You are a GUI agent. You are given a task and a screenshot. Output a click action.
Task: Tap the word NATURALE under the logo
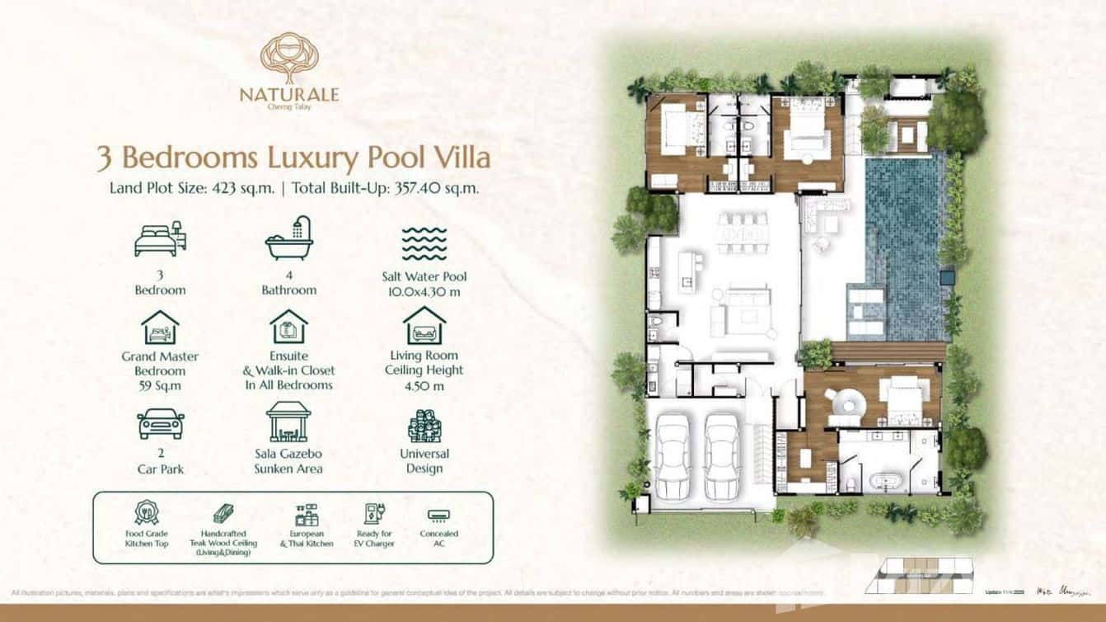(x=288, y=94)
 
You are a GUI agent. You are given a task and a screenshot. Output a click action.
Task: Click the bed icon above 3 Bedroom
(x=160, y=239)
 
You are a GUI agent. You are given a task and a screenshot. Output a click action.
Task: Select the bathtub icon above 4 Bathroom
(x=288, y=238)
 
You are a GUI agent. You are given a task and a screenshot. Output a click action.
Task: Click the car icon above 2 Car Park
(x=160, y=423)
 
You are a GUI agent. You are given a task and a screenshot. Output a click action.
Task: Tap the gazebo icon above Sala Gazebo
(x=288, y=422)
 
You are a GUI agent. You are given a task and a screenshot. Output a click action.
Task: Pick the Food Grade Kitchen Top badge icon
(x=146, y=514)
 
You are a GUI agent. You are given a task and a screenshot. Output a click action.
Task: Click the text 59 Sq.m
(x=160, y=385)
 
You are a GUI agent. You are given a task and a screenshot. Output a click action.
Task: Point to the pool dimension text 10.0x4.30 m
(x=424, y=291)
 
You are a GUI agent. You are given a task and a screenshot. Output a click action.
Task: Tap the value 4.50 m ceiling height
(x=424, y=385)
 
